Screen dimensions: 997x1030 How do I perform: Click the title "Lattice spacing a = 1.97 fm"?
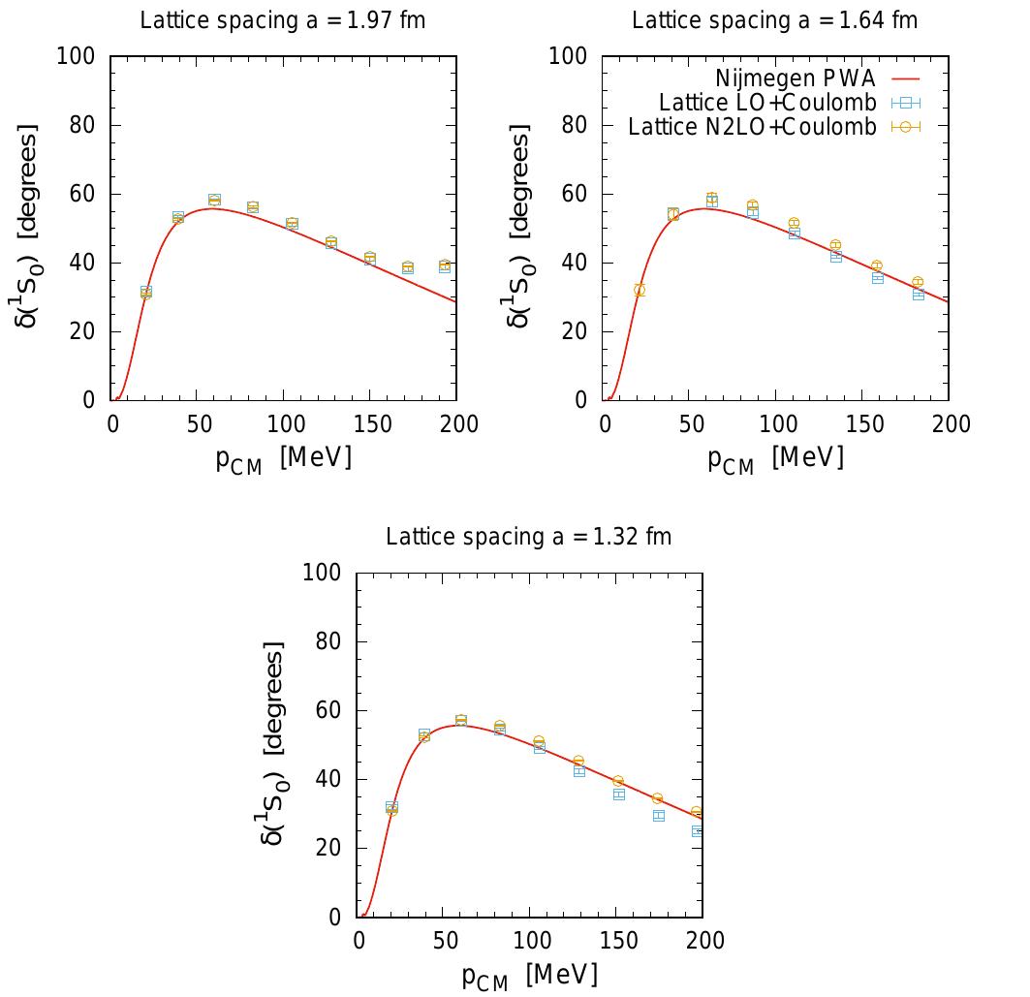tap(283, 20)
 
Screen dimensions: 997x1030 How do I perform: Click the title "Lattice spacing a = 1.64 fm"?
tap(775, 20)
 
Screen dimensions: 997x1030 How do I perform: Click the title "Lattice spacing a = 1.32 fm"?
tap(529, 537)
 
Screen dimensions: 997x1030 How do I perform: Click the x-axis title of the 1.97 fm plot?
tap(283, 458)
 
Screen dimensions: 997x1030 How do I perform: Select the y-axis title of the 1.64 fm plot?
tap(520, 227)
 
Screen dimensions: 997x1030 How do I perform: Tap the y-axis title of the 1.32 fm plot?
tap(274, 743)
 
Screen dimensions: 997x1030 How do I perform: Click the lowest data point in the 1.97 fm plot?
tap(146, 292)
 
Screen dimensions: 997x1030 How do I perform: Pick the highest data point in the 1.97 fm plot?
tap(214, 200)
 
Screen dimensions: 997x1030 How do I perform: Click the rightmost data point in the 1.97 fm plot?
tap(445, 265)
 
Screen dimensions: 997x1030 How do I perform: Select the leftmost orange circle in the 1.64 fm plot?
tap(640, 290)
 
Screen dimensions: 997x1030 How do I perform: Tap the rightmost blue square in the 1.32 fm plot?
tap(698, 830)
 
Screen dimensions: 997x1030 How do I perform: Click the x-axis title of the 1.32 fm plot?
tap(529, 975)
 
